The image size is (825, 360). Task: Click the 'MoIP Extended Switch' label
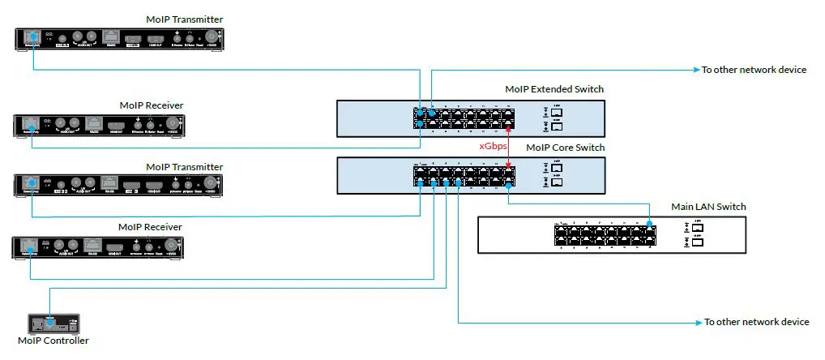pyautogui.click(x=554, y=89)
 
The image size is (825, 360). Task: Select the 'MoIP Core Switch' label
pyautogui.click(x=565, y=148)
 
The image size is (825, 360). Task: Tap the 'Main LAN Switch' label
pyautogui.click(x=708, y=207)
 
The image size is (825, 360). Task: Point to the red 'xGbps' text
pyautogui.click(x=494, y=146)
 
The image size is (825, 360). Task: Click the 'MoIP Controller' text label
pyautogui.click(x=53, y=341)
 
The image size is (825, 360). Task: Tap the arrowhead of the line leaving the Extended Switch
pyautogui.click(x=695, y=71)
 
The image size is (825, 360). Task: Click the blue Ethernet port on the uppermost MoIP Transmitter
pyautogui.click(x=32, y=36)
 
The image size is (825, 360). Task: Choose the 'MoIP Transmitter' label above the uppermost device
pyautogui.click(x=185, y=19)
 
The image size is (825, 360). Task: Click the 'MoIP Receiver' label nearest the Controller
pyautogui.click(x=151, y=227)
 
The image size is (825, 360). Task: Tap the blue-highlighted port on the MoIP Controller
pyautogui.click(x=50, y=323)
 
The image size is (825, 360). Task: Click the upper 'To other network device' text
pyautogui.click(x=754, y=70)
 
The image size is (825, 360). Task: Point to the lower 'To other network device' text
pyautogui.click(x=756, y=323)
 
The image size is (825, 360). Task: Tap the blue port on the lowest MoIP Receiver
pyautogui.click(x=29, y=245)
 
